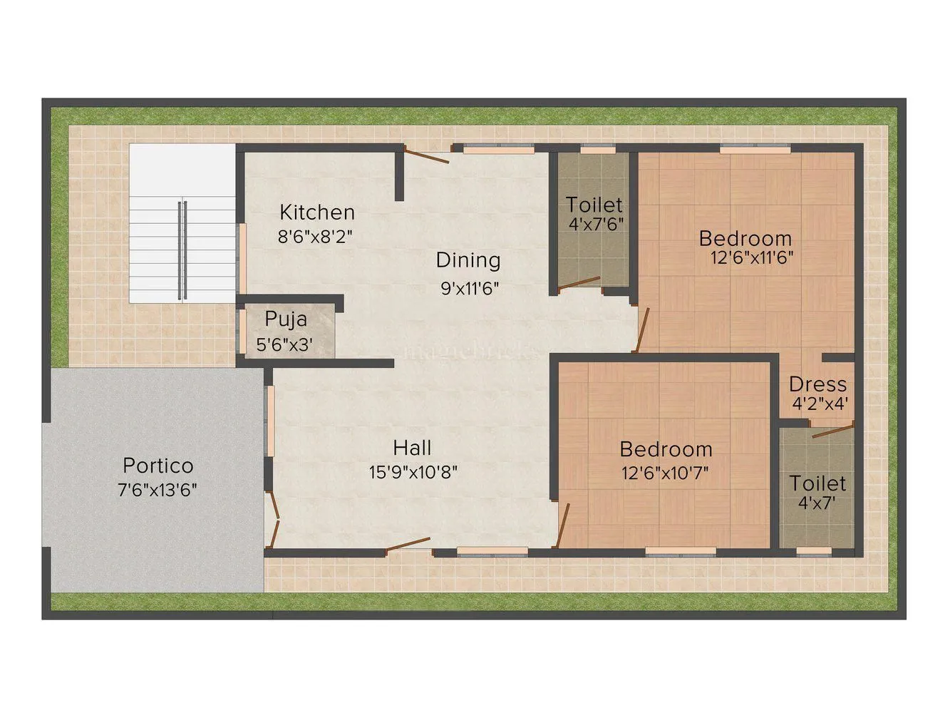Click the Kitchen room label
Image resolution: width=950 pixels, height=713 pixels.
(x=316, y=212)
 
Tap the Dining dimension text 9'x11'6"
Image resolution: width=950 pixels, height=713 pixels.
(x=469, y=289)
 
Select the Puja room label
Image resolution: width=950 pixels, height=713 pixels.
(x=286, y=318)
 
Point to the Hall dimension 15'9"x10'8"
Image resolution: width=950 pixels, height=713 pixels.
(x=413, y=471)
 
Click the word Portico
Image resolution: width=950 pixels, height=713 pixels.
(x=158, y=466)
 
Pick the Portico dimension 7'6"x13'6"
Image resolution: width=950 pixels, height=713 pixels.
(x=158, y=490)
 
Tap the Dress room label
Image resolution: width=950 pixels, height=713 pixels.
(x=817, y=384)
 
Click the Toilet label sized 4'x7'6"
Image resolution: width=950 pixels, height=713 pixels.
(x=594, y=205)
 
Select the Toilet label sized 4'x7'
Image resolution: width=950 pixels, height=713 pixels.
(x=817, y=483)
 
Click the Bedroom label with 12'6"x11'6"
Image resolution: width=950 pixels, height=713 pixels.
(x=745, y=238)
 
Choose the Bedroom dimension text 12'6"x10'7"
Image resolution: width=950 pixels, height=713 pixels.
(x=665, y=472)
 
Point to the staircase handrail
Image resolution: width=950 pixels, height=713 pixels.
(x=182, y=250)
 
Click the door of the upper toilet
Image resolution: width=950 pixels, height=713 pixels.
(x=579, y=284)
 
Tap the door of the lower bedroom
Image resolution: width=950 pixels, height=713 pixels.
(x=562, y=525)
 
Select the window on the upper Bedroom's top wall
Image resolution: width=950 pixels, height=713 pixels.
(x=754, y=149)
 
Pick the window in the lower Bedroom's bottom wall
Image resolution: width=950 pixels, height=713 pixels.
(x=680, y=550)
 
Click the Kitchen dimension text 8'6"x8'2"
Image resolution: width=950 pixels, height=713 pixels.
(x=315, y=237)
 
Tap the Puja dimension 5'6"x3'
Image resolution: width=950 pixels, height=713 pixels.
(x=284, y=345)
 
